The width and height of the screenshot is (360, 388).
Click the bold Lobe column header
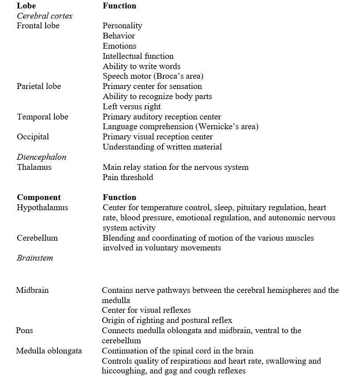(x=26, y=6)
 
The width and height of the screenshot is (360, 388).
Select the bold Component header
(x=39, y=197)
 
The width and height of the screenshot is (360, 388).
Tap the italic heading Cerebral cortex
(x=44, y=16)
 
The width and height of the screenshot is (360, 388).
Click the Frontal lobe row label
(x=38, y=26)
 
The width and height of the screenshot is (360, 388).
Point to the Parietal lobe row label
(x=39, y=86)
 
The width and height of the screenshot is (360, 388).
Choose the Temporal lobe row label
(x=43, y=117)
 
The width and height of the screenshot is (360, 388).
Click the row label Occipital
(x=33, y=137)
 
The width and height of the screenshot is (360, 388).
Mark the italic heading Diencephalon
(x=41, y=157)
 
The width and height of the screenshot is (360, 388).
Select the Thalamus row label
(x=34, y=167)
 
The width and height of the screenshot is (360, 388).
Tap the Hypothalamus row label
(x=42, y=207)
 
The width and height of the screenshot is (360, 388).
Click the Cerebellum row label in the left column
(x=37, y=238)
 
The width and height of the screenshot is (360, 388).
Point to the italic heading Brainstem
(x=35, y=258)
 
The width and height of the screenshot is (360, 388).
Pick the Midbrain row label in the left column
(x=32, y=290)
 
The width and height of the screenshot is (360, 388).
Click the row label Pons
(x=24, y=330)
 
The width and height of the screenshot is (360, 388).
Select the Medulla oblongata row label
(x=49, y=351)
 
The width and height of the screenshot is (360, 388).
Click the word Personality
(x=122, y=26)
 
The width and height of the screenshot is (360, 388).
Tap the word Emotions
(x=119, y=46)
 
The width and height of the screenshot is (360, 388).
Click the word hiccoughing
(x=123, y=371)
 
